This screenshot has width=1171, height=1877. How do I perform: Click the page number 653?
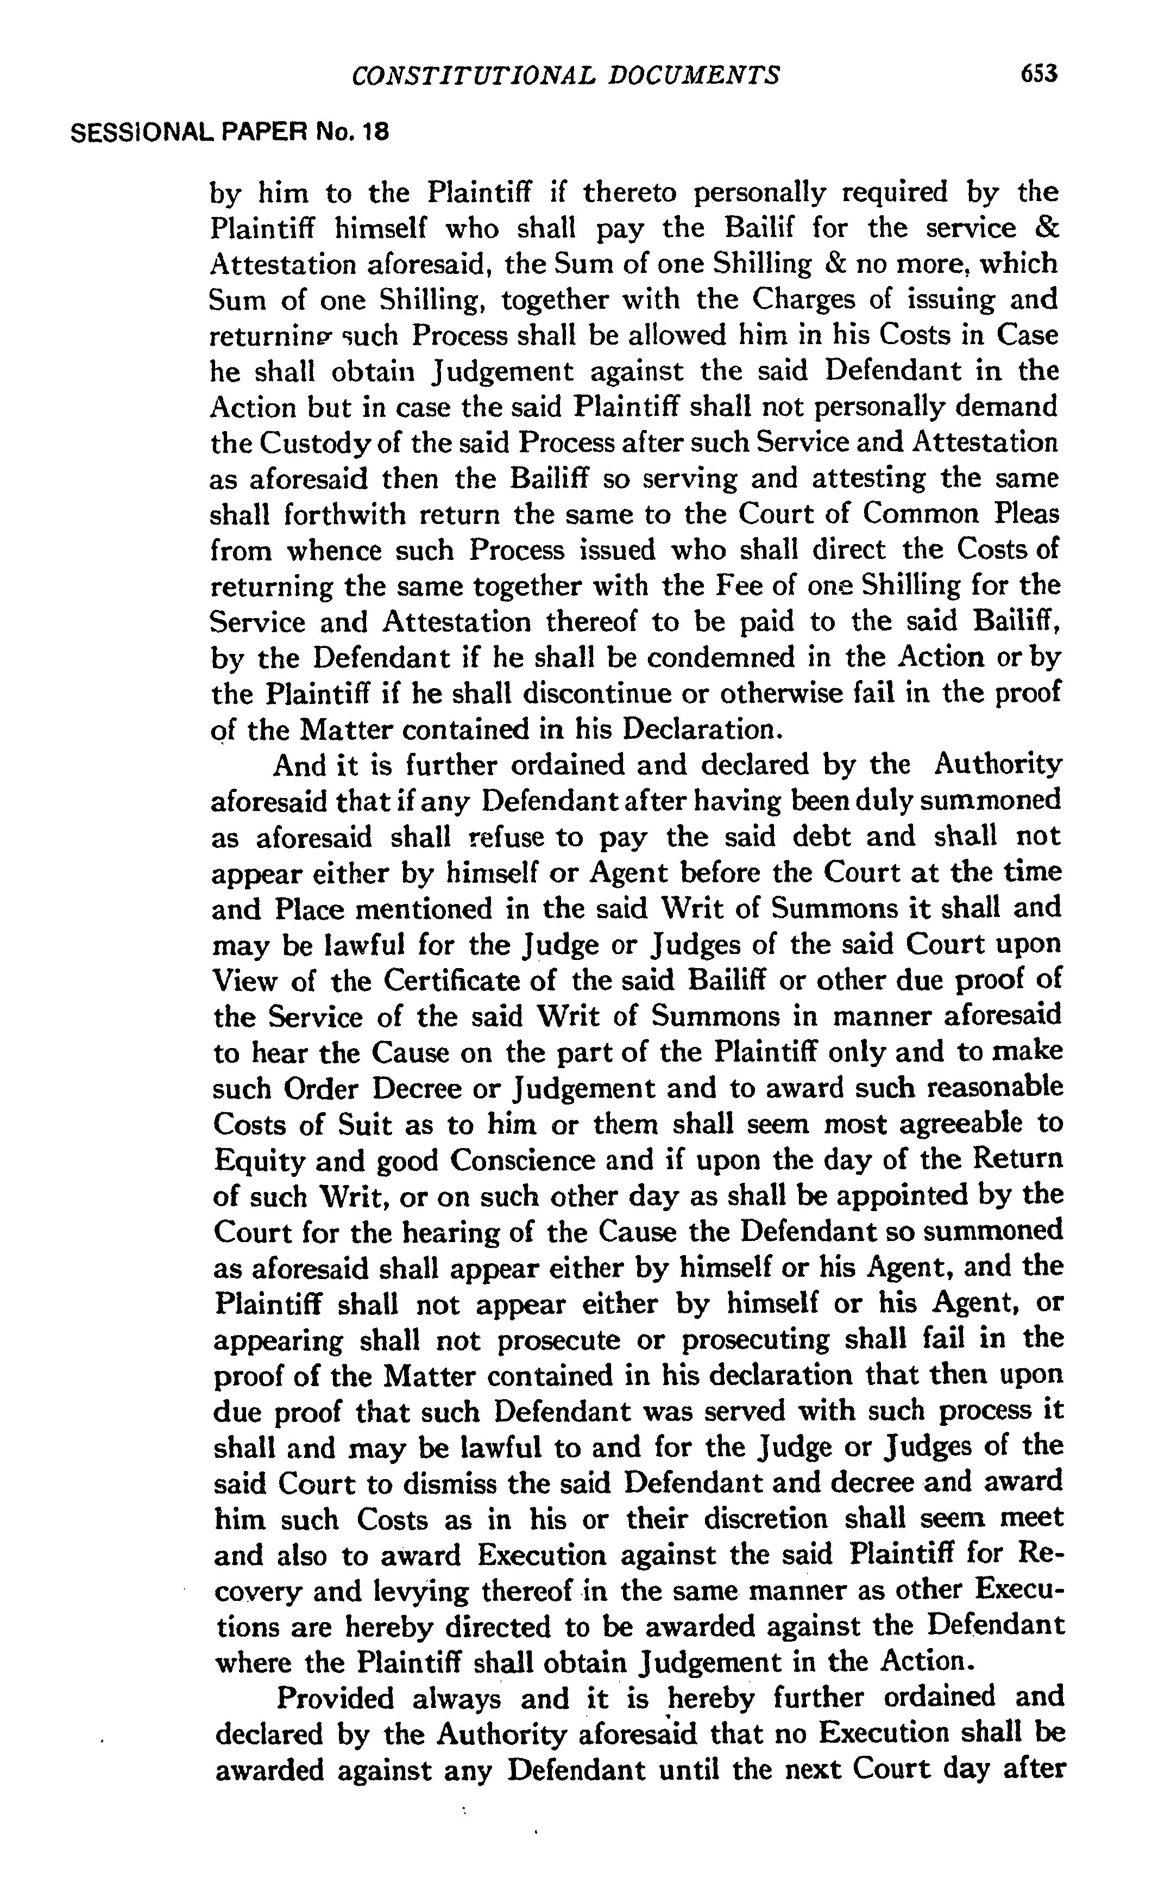(1038, 74)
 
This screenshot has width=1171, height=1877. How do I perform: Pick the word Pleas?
(1022, 515)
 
